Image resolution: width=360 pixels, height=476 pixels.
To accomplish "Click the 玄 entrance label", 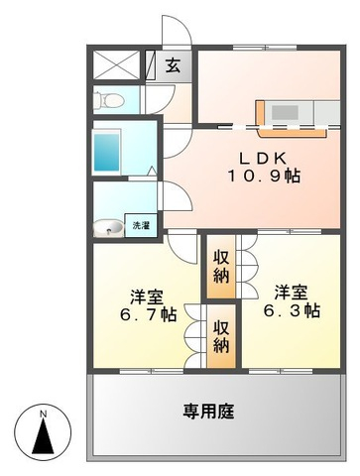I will [173, 67].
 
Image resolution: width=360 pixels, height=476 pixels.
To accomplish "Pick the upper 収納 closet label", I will [221, 266].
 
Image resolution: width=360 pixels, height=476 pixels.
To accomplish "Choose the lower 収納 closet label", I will [221, 336].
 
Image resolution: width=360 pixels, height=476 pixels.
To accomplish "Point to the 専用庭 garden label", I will [209, 411].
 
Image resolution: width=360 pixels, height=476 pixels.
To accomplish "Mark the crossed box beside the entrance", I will [119, 66].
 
